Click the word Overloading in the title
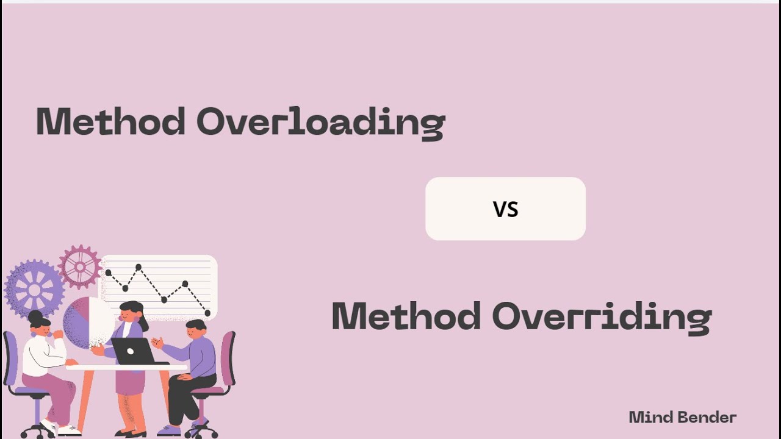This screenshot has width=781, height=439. click(x=320, y=122)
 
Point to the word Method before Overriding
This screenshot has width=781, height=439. click(x=406, y=316)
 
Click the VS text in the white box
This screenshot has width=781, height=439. click(x=505, y=209)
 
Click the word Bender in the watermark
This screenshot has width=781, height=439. click(x=707, y=418)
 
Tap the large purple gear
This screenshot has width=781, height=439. click(x=34, y=288)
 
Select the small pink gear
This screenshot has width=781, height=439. click(x=80, y=266)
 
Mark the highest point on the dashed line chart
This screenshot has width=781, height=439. click(x=139, y=266)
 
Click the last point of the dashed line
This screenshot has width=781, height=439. click(x=207, y=313)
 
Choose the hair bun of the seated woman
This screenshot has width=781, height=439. click(x=35, y=316)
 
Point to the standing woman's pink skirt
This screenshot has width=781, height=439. click(x=130, y=382)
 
